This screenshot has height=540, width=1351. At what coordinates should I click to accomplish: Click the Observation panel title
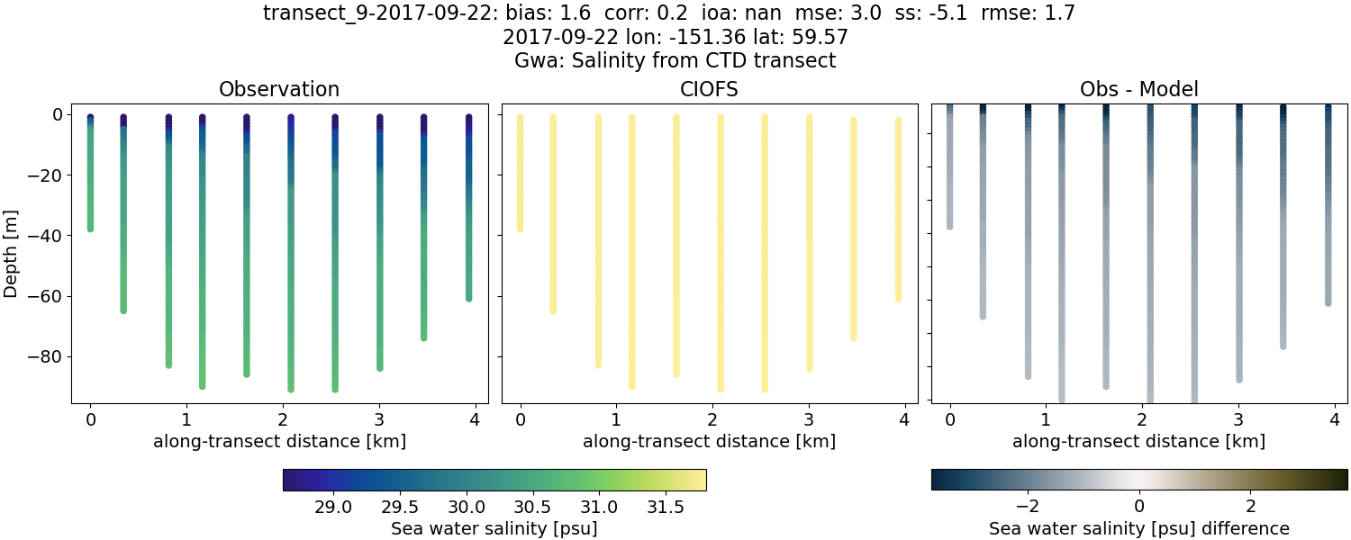point(279,90)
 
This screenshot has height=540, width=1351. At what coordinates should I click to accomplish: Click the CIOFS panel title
point(709,90)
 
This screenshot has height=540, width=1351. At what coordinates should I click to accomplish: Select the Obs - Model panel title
point(1138,90)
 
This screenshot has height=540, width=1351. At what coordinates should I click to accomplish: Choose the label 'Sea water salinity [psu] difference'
point(1139,528)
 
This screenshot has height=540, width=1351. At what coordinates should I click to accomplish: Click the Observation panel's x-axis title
point(279,442)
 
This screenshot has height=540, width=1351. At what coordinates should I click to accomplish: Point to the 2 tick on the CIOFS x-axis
point(712,419)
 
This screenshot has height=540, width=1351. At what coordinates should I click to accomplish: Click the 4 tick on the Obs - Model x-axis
point(1335,419)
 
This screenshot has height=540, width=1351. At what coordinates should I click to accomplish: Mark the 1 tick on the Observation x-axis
point(186,419)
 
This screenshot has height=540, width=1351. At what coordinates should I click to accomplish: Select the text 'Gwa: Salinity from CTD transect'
point(675,61)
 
